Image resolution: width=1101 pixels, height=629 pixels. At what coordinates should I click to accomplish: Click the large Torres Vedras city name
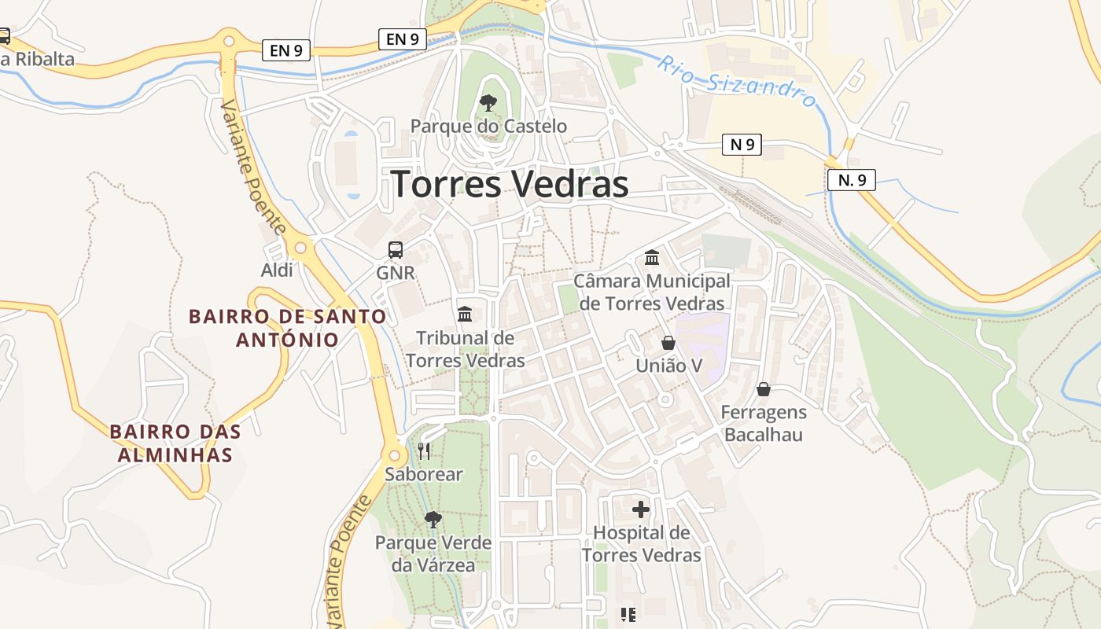[510, 185]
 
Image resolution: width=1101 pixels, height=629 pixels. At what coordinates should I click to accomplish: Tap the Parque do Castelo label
[488, 126]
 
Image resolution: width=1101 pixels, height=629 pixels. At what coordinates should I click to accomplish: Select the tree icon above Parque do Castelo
[488, 102]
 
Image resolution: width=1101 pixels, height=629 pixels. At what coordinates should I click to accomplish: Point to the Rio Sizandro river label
[737, 81]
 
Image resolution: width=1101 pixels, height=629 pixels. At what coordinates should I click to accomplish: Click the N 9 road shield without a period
[742, 145]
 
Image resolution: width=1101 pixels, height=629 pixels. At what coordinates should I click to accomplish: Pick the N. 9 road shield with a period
[851, 180]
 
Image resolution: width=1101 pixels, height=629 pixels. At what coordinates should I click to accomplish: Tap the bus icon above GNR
[396, 250]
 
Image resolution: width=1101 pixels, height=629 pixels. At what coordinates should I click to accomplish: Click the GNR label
[396, 273]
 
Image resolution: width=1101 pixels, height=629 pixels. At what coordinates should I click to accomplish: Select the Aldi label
[277, 270]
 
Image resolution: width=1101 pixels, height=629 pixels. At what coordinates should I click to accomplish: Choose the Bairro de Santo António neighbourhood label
[288, 329]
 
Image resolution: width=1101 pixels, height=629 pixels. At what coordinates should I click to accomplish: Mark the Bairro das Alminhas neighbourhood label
[175, 443]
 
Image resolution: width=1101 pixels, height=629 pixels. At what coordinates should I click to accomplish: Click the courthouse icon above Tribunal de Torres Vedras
[465, 314]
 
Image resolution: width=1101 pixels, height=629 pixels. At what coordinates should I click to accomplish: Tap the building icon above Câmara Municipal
[652, 257]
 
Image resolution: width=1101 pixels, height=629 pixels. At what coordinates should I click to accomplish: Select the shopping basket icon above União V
[668, 343]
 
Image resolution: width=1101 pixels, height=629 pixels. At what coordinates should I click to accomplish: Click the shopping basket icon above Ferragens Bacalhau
[763, 389]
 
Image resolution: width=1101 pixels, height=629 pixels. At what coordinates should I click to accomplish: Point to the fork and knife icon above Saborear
[424, 451]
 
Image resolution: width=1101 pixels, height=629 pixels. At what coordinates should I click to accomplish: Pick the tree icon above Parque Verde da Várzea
[433, 519]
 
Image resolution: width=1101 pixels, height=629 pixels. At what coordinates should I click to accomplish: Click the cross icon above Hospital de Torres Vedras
[641, 509]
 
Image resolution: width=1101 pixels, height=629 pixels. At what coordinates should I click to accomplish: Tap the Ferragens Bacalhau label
[764, 424]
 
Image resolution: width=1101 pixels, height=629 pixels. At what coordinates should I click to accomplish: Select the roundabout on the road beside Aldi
[300, 248]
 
